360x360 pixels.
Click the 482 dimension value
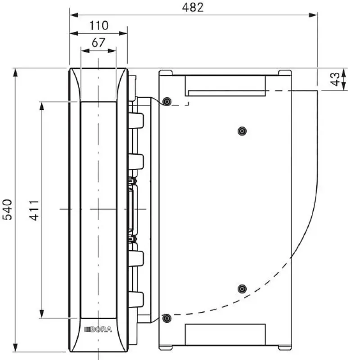(193, 7)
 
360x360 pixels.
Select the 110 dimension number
(99, 26)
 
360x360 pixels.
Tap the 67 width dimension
(98, 42)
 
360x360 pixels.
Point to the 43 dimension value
(335, 79)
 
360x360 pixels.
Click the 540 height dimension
(7, 210)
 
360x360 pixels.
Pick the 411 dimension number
(34, 210)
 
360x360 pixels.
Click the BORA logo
(98, 329)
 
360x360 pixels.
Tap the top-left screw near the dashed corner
(166, 102)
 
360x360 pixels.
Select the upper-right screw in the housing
(242, 131)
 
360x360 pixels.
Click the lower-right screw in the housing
(242, 289)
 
